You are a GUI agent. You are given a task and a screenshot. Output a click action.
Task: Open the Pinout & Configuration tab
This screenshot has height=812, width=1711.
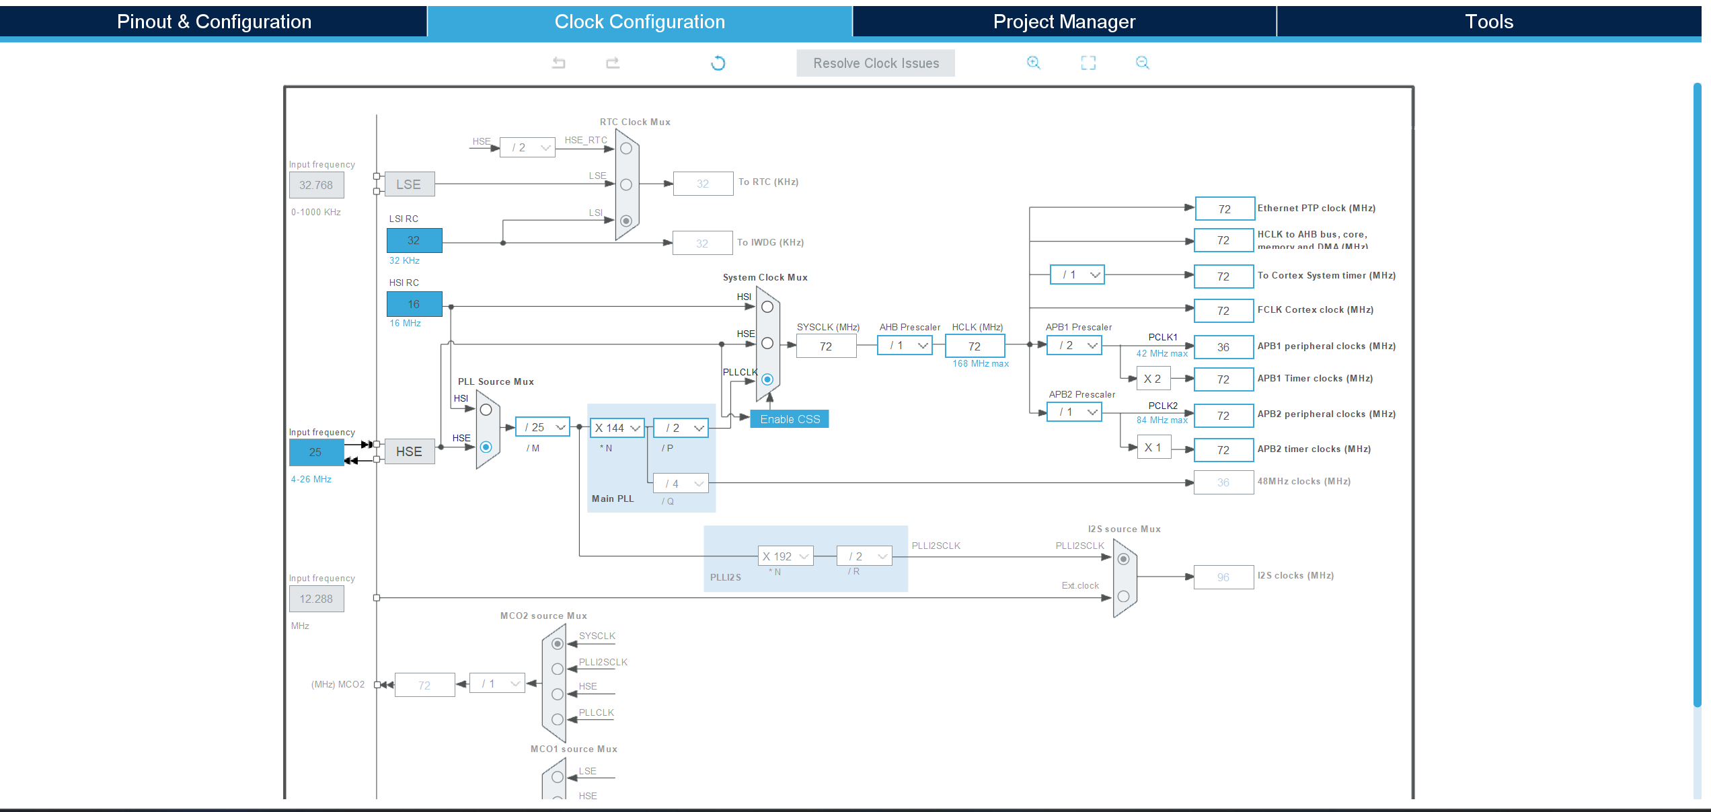point(213,22)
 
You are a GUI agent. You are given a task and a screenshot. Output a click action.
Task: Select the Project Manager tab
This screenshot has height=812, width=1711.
point(1064,22)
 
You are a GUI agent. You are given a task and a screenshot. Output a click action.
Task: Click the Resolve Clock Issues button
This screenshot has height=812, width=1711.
point(875,63)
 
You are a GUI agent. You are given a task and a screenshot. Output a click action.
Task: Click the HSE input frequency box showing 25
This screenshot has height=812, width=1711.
point(316,452)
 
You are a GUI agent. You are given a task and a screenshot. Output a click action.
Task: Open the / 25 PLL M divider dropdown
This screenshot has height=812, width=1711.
point(543,427)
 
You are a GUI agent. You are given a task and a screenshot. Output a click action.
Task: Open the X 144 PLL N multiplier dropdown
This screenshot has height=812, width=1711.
point(617,428)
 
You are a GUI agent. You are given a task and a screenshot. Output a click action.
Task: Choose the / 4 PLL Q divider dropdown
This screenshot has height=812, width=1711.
point(681,483)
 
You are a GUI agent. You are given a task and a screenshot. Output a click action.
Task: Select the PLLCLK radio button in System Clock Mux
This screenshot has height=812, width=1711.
point(767,379)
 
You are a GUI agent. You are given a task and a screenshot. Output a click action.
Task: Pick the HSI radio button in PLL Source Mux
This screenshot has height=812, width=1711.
point(486,410)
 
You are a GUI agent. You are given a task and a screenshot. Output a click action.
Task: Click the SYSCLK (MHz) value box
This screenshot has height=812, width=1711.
point(826,346)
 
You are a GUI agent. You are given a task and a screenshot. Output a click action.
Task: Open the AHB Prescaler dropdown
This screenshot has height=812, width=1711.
point(905,345)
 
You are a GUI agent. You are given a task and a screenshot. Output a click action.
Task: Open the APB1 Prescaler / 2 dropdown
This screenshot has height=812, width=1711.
point(1075,345)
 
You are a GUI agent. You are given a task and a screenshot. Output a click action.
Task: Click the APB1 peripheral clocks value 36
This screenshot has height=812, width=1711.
point(1223,347)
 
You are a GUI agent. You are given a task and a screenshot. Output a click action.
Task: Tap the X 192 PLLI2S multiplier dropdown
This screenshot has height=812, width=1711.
point(786,556)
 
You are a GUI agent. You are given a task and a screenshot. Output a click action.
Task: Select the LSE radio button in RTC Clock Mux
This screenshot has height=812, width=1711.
point(626,184)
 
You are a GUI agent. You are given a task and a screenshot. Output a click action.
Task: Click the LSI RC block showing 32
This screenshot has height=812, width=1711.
point(414,240)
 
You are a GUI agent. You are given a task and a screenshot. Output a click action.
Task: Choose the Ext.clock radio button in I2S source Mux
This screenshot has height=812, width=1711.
point(1123,596)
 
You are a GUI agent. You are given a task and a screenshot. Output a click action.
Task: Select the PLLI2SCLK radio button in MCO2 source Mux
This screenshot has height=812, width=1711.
point(558,669)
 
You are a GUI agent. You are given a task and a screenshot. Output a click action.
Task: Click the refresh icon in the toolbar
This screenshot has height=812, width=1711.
point(718,63)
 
